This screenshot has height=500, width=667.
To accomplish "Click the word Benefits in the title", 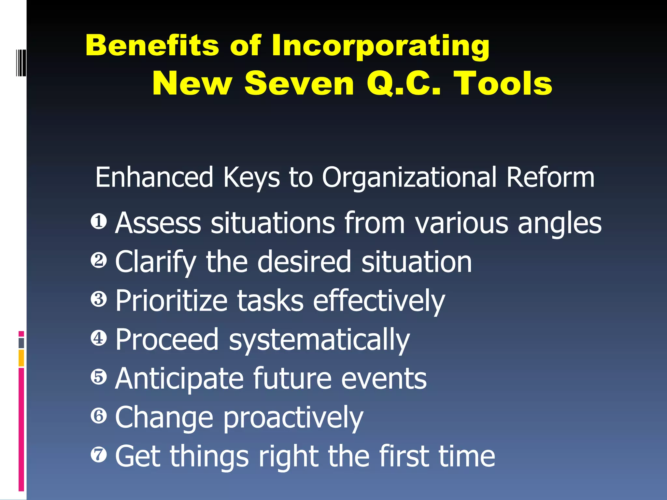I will coord(152,45).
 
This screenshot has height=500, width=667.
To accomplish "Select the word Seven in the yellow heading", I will coord(299,84).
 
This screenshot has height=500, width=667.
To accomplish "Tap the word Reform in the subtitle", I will coord(550,177).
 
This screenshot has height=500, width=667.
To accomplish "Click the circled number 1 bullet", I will coord(99,222).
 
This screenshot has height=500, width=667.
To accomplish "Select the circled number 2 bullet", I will coord(99,260).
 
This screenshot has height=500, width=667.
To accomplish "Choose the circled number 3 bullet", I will coord(99,299).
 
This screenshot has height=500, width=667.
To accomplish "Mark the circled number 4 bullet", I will coord(99,338).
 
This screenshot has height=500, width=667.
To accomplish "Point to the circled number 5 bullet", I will coord(99,377).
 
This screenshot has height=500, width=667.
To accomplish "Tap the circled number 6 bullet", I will coord(99,416).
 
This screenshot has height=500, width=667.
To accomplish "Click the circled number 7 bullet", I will coord(99,454).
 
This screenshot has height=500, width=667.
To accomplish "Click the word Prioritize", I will coord(171,301).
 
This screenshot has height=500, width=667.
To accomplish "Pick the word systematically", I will coord(319,340).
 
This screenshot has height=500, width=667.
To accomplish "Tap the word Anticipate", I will coord(179,379).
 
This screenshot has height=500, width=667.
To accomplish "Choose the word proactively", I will coord(293,418).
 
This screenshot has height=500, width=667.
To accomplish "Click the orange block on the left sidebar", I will coord(21,358).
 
